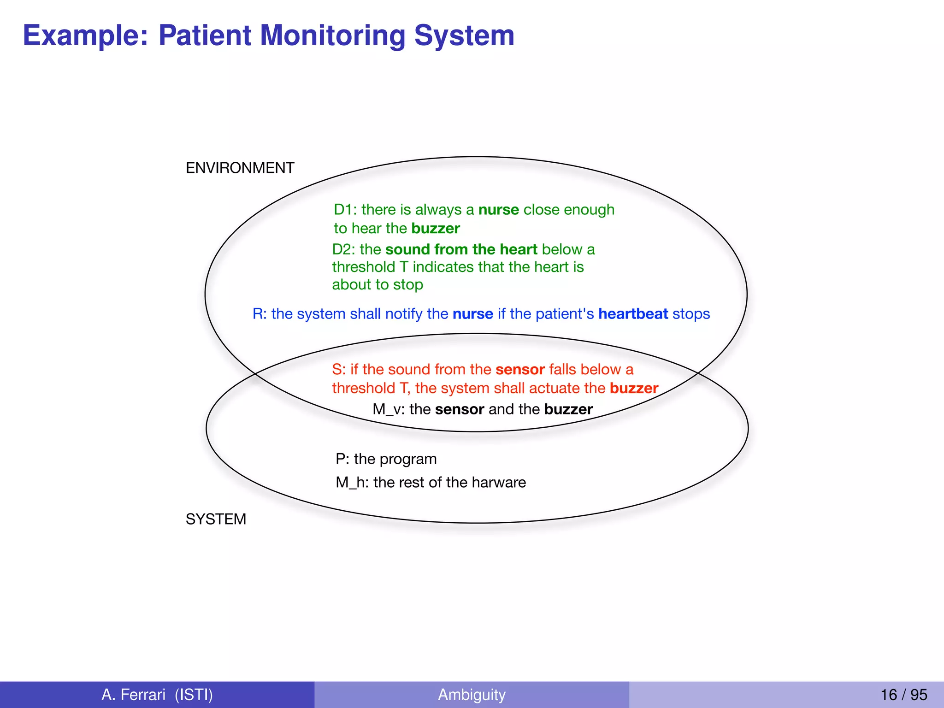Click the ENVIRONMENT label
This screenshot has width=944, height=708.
(240, 168)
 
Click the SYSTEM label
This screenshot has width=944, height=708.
(216, 519)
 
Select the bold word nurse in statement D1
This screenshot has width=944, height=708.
(499, 210)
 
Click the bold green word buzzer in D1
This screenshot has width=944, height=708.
(436, 229)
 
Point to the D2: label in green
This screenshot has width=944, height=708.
(344, 249)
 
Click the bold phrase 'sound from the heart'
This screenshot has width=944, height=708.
(461, 249)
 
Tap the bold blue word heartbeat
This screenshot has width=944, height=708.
(633, 314)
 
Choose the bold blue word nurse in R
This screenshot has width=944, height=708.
(473, 314)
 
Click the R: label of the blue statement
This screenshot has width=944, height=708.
(260, 314)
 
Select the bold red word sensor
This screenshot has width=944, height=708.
(520, 370)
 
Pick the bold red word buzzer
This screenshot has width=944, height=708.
(634, 388)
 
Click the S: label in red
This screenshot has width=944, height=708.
(339, 370)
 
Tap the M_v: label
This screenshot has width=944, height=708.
(389, 409)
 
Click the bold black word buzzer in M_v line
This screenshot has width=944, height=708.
(568, 409)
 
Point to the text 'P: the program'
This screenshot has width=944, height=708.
(386, 459)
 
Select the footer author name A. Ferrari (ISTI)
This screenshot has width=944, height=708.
(157, 694)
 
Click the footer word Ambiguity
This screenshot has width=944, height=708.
(472, 694)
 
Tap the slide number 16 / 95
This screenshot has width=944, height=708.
(903, 694)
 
